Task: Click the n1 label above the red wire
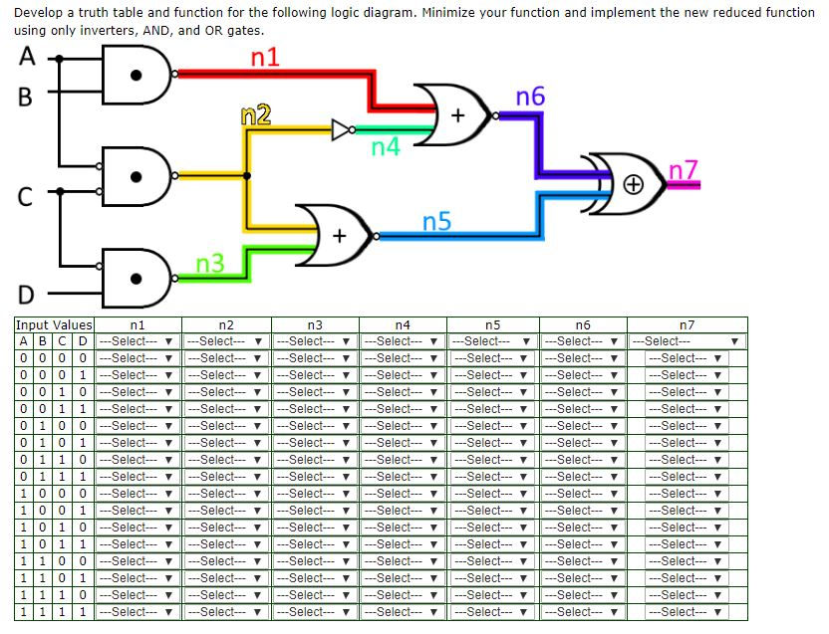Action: pos(264,58)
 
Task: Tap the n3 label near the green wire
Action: pos(209,265)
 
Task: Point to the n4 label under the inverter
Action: pos(386,149)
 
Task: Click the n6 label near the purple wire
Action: pos(530,97)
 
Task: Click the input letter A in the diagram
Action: pos(24,57)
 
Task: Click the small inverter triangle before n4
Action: pos(342,128)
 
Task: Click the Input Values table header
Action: pos(54,324)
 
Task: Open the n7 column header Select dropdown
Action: pos(687,340)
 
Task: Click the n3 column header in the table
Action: pos(313,324)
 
